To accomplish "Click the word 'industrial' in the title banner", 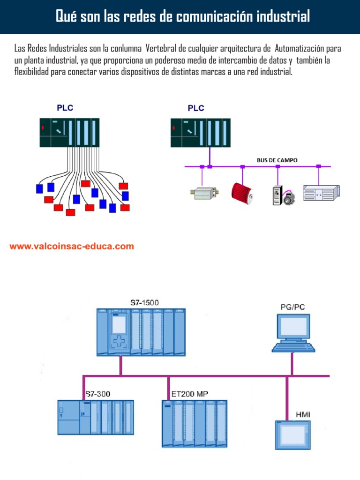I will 283,16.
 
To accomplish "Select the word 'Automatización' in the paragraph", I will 301,49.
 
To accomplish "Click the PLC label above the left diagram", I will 65,108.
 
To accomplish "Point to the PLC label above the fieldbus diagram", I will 196,108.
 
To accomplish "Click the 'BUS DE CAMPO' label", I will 277,160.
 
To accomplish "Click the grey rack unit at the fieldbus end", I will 320,192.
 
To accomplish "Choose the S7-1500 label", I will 144,303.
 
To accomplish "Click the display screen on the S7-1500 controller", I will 119,324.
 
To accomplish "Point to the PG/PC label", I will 292,307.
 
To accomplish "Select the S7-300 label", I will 97,394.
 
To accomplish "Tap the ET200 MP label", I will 190,394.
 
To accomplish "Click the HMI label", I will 303,415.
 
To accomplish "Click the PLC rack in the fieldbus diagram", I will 201,133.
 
